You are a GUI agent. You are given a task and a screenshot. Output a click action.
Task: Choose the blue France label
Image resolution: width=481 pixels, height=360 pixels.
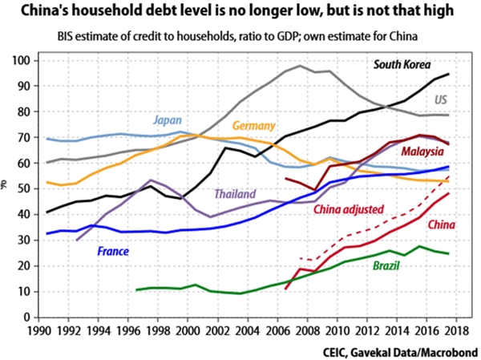(x=114, y=252)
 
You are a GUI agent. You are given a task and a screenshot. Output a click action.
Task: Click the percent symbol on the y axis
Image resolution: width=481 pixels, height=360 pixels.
(x=6, y=187)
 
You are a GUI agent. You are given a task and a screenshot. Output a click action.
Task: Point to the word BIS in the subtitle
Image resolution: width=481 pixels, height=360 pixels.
(x=67, y=38)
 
